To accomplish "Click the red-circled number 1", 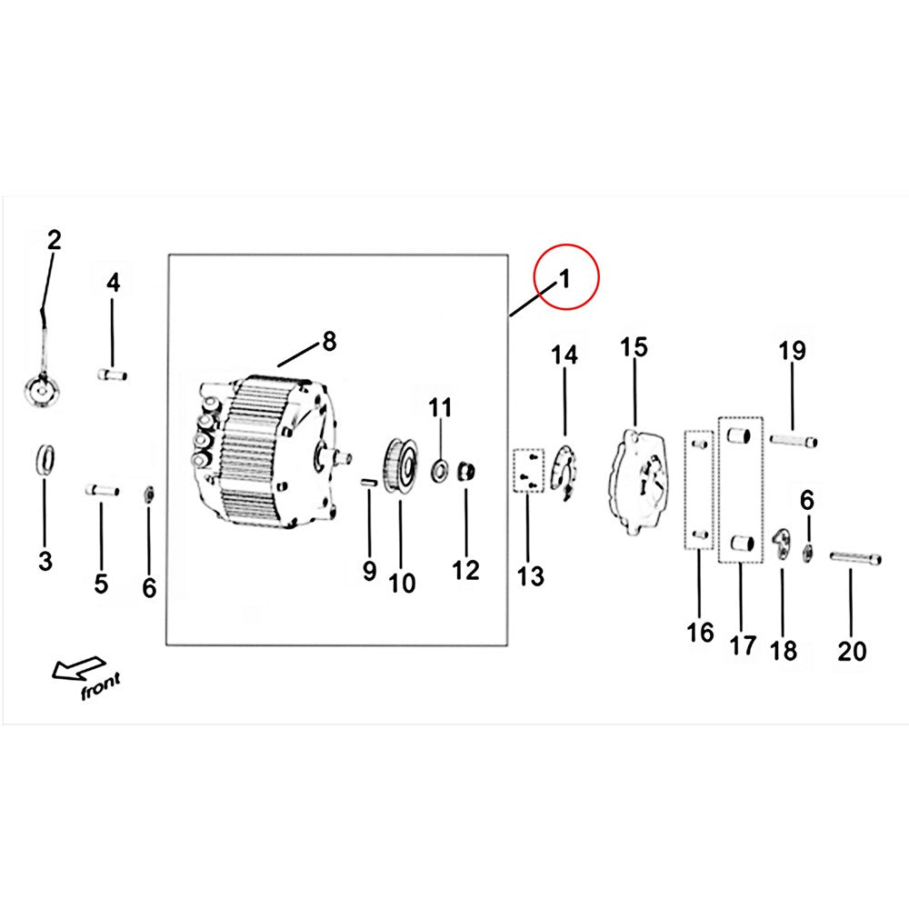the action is click(564, 279).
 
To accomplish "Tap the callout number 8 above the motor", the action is click(329, 342).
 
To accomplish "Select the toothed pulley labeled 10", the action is click(400, 466).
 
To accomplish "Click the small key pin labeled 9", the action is click(369, 482).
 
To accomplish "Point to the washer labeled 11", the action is click(440, 470).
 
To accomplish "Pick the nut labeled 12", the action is click(466, 471).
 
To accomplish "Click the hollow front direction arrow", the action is click(78, 668).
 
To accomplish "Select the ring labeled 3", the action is click(45, 460).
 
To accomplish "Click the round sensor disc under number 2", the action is click(43, 391).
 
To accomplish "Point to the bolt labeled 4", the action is click(113, 375).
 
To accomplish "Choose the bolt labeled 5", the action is click(102, 490).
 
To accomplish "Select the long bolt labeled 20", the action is click(855, 558).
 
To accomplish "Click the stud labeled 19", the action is click(794, 441).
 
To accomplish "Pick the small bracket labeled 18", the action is click(782, 544).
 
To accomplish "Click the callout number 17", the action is click(743, 645).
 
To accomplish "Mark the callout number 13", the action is click(531, 576).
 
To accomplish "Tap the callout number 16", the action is click(700, 633).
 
